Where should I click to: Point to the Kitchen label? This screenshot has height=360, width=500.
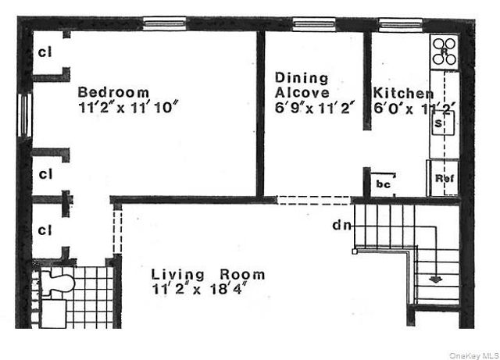coord(403,93)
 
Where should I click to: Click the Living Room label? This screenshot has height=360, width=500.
coord(208,274)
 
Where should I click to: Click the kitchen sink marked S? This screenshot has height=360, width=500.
coord(441,123)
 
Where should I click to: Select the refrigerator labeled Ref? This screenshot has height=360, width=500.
coord(444,178)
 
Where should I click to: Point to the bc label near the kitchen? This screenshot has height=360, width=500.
coord(383,184)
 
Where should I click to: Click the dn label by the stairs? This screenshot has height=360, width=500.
coord(341,226)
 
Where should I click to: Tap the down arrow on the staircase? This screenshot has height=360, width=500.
coord(434,277)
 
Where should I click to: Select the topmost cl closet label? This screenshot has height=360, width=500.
coord(46,53)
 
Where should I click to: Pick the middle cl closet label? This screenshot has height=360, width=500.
coord(45,173)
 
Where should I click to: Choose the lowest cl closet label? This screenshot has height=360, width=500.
coord(45,230)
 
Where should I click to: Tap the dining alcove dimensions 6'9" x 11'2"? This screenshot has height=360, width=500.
coord(316,108)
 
